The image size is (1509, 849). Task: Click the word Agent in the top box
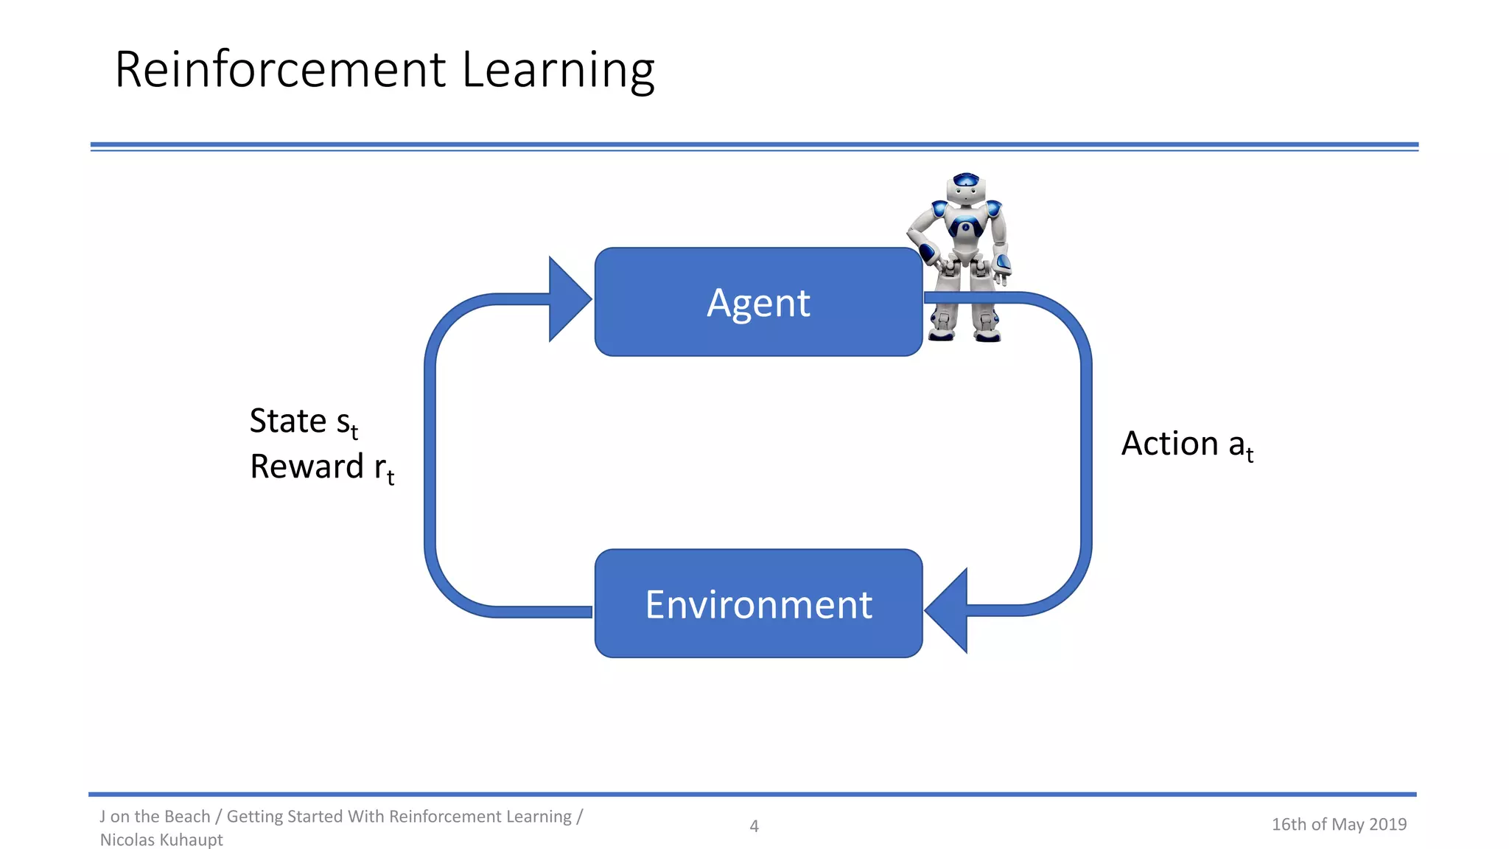click(758, 303)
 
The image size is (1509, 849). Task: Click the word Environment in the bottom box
click(758, 604)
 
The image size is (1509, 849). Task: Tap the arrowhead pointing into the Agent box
click(568, 299)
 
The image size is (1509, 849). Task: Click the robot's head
click(965, 189)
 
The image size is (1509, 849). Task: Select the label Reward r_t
click(321, 467)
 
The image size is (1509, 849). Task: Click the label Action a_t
click(1186, 444)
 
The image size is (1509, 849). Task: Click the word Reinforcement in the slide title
click(281, 70)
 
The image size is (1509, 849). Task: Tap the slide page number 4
click(754, 826)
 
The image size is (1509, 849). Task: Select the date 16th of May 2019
click(1339, 824)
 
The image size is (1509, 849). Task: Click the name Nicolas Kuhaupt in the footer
click(161, 839)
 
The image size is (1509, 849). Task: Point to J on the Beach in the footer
click(155, 817)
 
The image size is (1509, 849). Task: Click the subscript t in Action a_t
click(1250, 455)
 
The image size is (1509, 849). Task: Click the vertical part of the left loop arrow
click(430, 457)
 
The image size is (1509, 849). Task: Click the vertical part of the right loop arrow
click(1086, 457)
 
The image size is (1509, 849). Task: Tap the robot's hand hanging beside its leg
click(1002, 270)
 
